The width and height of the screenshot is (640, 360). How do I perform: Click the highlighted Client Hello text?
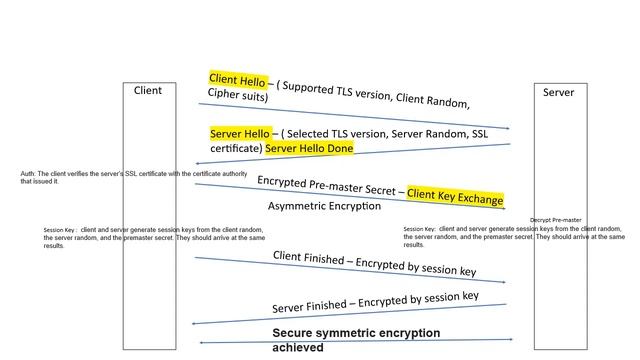tap(237, 78)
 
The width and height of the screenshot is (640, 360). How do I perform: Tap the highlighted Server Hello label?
tap(240, 133)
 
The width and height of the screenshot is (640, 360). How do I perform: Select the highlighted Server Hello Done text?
tap(309, 148)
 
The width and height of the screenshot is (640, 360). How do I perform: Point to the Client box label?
tap(147, 91)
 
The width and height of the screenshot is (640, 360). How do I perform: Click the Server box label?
tap(558, 92)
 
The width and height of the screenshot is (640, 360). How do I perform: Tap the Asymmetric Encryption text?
tap(324, 206)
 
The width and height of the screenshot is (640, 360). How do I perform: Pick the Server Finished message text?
tap(375, 301)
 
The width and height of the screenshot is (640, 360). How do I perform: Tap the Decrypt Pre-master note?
tap(555, 220)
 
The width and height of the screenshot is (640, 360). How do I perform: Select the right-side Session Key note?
tap(515, 236)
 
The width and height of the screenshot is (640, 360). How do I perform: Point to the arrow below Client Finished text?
tap(350, 270)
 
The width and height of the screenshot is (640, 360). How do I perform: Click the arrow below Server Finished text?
tap(350, 314)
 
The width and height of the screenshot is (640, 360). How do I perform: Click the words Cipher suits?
tap(238, 95)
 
